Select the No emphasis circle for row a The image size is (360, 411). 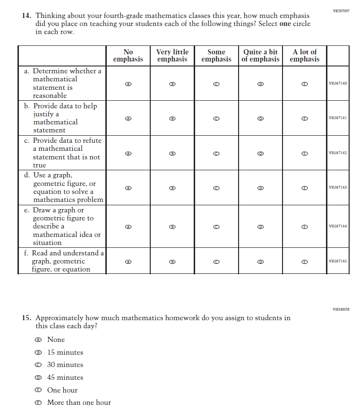tap(128, 84)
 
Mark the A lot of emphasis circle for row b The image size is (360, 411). tap(305, 118)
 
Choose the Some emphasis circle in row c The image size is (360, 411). tap(216, 153)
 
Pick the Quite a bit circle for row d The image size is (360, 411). tap(260, 188)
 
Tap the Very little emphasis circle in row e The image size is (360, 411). tap(172, 227)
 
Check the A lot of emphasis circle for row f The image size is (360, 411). tap(305, 261)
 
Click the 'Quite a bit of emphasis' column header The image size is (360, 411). tap(260, 55)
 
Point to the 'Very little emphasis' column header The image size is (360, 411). tap(172, 55)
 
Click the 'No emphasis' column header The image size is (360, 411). tap(128, 55)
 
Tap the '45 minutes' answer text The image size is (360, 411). tap(65, 377)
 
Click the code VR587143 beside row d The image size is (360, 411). tap(337, 188)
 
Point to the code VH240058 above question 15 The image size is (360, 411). tap(341, 309)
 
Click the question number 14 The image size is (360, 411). tap(26, 16)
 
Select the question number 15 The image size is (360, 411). tap(26, 318)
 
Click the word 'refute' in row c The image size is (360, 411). tap(92, 140)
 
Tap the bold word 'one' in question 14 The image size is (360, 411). tap(285, 24)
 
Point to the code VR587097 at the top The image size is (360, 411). tap(341, 10)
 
